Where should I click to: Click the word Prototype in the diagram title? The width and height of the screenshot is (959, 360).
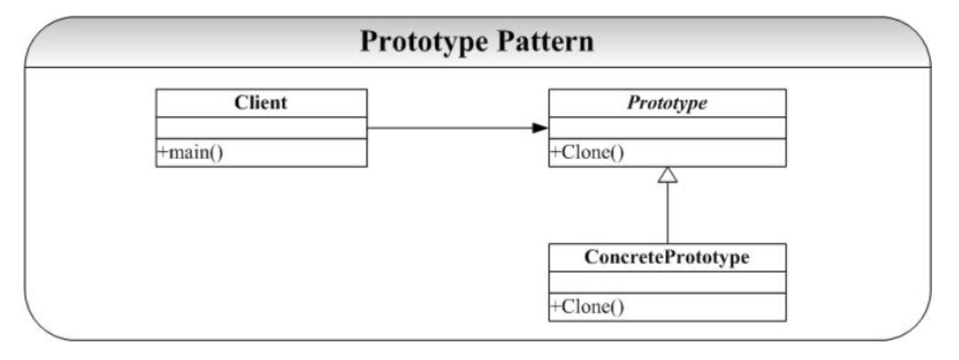pyautogui.click(x=424, y=43)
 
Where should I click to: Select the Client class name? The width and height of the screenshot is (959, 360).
pyautogui.click(x=260, y=102)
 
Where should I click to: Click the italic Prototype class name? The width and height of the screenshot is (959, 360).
pyautogui.click(x=666, y=103)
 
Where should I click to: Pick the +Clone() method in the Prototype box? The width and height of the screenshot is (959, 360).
pyautogui.click(x=587, y=152)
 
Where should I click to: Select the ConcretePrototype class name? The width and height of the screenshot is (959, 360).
pyautogui.click(x=666, y=258)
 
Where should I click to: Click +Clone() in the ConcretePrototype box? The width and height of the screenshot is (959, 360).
pyautogui.click(x=587, y=307)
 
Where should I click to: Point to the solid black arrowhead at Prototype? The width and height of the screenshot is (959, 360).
pyautogui.click(x=541, y=128)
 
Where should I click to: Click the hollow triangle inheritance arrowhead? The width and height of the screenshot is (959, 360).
pyautogui.click(x=667, y=175)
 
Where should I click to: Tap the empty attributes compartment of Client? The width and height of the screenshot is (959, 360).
pyautogui.click(x=261, y=128)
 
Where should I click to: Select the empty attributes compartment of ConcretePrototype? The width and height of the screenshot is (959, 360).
pyautogui.click(x=666, y=282)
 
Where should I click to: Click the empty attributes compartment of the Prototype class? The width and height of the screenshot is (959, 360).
pyautogui.click(x=666, y=128)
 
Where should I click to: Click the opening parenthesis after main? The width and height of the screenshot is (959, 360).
pyautogui.click(x=213, y=152)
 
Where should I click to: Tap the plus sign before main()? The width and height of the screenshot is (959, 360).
pyautogui.click(x=162, y=153)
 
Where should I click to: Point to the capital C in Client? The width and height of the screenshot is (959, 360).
pyautogui.click(x=239, y=102)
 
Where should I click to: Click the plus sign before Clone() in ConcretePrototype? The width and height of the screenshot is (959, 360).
pyautogui.click(x=555, y=308)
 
